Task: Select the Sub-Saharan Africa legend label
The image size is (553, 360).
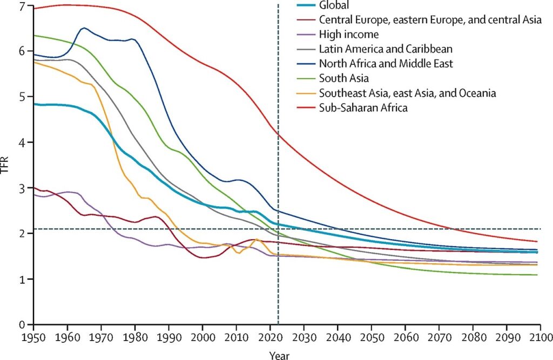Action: coord(363,108)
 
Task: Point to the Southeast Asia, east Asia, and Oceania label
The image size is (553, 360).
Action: coord(407,93)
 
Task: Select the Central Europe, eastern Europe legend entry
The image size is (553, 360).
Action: coord(429,20)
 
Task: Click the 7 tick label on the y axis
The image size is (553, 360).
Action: coord(22,6)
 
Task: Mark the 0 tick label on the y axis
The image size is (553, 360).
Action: coord(22,325)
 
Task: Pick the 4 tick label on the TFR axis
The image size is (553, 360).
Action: coord(22,142)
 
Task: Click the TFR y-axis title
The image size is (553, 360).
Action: coord(5,167)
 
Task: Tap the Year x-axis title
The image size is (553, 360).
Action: coord(279,355)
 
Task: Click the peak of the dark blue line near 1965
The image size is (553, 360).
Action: coord(84,28)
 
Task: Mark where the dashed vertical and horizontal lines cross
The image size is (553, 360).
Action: coord(278,229)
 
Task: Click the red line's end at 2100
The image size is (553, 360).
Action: coord(539,241)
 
